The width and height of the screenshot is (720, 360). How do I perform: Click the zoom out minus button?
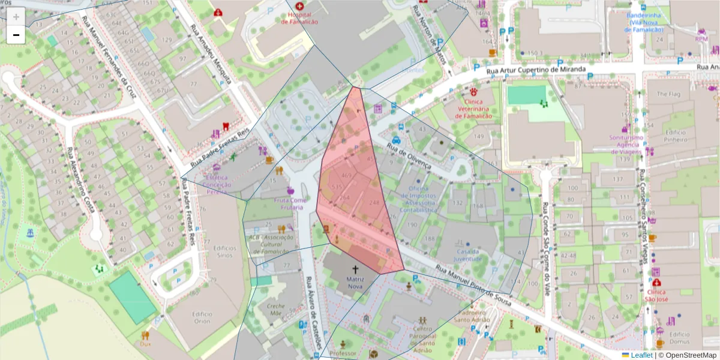(16, 35)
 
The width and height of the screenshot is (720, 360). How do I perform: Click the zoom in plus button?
(16, 17)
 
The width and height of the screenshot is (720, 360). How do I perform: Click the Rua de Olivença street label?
(409, 154)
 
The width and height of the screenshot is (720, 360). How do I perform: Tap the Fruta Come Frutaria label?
(290, 203)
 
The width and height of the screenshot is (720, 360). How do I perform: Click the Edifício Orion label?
(202, 317)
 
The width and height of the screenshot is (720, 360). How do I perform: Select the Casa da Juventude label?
(468, 255)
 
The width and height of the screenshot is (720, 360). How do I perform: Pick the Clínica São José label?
(656, 295)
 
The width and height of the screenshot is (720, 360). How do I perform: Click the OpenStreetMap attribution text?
(688, 355)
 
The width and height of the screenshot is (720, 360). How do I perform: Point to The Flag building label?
(668, 94)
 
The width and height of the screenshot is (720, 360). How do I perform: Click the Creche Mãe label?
(275, 309)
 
